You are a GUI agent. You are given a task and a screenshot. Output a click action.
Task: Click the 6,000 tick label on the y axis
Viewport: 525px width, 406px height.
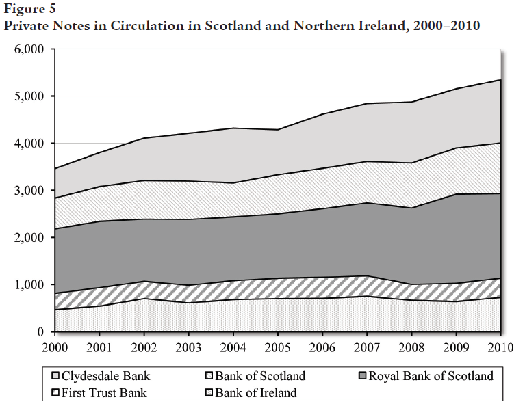(29, 50)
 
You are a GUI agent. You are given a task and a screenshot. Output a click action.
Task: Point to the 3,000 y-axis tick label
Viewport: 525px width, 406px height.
(29, 191)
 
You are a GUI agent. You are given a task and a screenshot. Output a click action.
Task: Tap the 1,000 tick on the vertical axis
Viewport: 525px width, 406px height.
(29, 285)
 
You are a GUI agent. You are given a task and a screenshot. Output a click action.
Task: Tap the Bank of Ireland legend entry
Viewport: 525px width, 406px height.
(255, 393)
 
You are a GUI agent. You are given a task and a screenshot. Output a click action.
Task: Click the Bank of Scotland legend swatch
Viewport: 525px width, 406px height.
(209, 376)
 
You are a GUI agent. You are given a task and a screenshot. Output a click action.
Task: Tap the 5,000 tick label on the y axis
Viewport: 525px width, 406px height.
(29, 97)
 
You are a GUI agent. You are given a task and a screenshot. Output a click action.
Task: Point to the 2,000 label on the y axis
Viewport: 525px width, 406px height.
(29, 238)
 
